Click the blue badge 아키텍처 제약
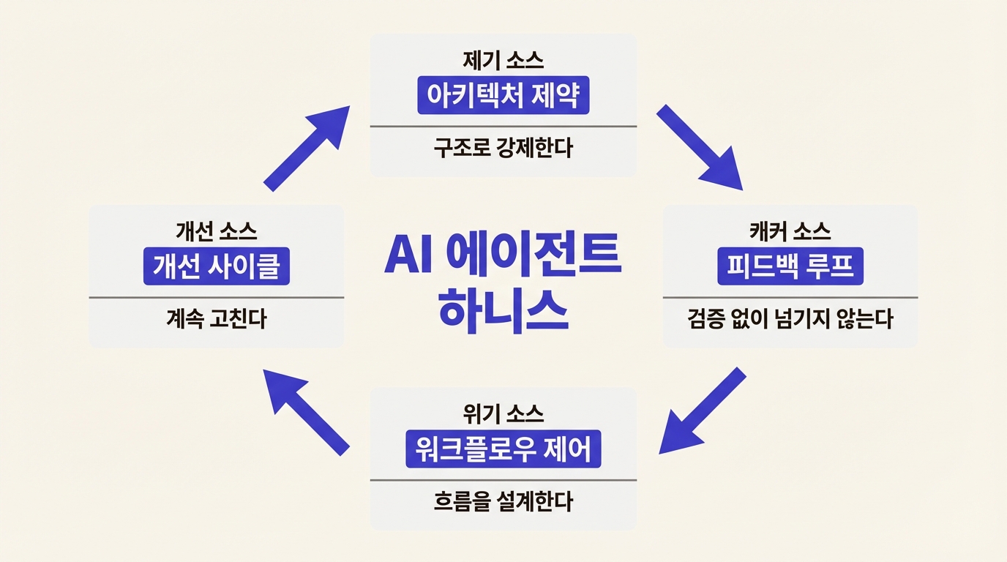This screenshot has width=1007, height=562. pyautogui.click(x=503, y=95)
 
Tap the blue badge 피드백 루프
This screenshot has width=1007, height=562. pyautogui.click(x=790, y=266)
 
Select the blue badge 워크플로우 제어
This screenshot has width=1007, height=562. pyautogui.click(x=503, y=449)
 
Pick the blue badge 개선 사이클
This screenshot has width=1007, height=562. pyautogui.click(x=216, y=266)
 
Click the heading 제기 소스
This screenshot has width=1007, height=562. pyautogui.click(x=503, y=59)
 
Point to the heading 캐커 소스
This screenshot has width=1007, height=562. pyautogui.click(x=790, y=232)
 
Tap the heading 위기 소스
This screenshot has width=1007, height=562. pyautogui.click(x=503, y=414)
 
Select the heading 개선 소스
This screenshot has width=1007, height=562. pyautogui.click(x=216, y=232)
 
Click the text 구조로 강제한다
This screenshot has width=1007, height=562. pyautogui.click(x=503, y=149)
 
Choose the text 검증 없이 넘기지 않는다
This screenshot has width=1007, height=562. pyautogui.click(x=790, y=320)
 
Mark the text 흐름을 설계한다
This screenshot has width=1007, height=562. pyautogui.click(x=503, y=502)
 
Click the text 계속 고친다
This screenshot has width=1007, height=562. pyautogui.click(x=216, y=320)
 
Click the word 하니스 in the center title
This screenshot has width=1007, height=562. pyautogui.click(x=503, y=312)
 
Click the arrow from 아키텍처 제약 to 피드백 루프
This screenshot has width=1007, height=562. pyautogui.click(x=700, y=148)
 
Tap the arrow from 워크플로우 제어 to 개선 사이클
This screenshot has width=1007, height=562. pyautogui.click(x=306, y=411)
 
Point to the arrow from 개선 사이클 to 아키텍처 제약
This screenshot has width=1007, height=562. pyautogui.click(x=306, y=148)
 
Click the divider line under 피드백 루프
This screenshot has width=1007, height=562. pyautogui.click(x=790, y=297)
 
